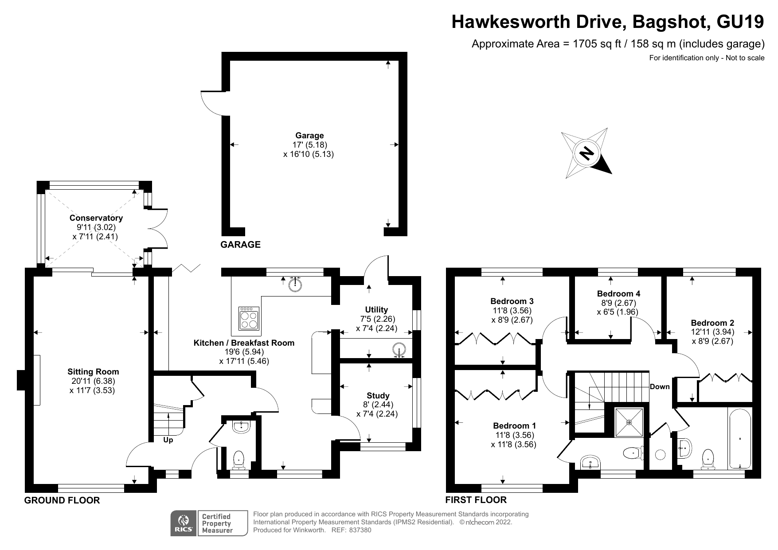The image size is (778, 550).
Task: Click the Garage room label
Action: (x=309, y=136)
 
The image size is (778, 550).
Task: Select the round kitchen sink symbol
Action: (x=295, y=284)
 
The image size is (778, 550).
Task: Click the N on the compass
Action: (x=587, y=153)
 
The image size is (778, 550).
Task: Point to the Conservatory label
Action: (x=96, y=218)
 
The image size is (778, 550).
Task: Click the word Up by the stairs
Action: (x=168, y=440)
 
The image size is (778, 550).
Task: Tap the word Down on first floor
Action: (x=659, y=386)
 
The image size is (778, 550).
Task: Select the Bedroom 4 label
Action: (x=618, y=293)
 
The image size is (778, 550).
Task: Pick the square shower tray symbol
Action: (x=629, y=422)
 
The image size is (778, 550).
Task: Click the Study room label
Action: (x=378, y=395)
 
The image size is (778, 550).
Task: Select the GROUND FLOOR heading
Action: (x=62, y=500)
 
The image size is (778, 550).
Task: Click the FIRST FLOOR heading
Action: (x=476, y=500)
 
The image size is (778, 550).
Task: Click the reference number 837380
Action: (x=360, y=530)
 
